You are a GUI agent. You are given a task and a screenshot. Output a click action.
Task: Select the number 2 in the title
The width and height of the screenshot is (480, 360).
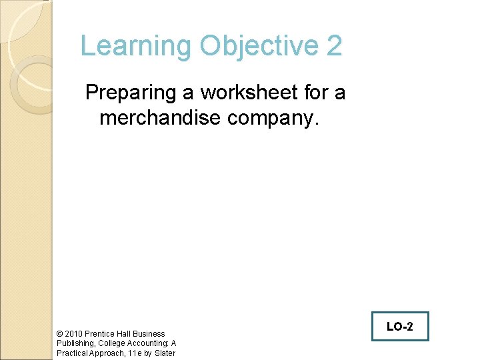coord(335,46)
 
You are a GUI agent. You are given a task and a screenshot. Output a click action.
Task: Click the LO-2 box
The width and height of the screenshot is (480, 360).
coord(400,327)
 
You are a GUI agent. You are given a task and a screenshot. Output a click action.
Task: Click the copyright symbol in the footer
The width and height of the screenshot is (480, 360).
coord(60,333)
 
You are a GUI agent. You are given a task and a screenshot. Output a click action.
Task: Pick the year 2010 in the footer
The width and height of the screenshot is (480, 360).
coord(74,333)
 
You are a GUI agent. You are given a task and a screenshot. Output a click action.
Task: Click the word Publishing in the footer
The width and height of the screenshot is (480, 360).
coord(76,343)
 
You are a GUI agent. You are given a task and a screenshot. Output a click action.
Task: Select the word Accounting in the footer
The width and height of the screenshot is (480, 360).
coord(147,343)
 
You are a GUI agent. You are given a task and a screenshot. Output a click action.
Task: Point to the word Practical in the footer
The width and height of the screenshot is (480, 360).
coord(72,353)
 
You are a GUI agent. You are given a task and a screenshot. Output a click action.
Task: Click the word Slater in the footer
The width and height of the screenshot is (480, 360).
coord(165,353)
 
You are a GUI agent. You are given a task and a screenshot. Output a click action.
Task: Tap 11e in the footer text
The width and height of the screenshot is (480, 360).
coord(133,353)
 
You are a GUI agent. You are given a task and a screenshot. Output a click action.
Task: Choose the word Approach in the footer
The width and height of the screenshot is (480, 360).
coord(106,353)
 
